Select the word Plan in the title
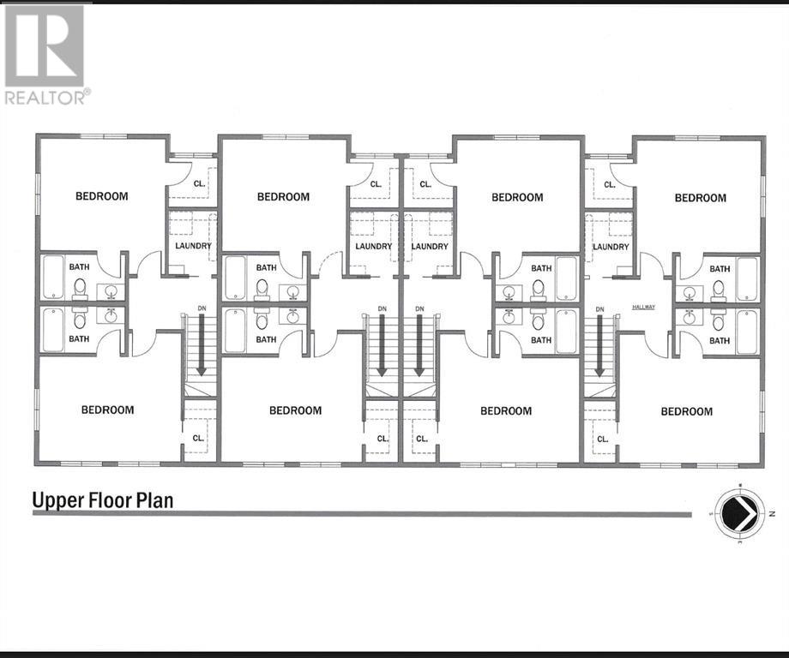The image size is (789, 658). (154, 499)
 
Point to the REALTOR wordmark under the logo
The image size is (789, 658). (46, 97)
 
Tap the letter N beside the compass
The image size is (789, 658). (773, 513)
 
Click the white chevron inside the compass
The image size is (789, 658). (738, 513)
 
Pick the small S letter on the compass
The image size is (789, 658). (710, 513)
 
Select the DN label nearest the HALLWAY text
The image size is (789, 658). (599, 308)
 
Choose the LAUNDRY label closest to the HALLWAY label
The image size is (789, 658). (611, 247)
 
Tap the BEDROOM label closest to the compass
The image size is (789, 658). (686, 411)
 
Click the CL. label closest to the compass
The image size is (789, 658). (602, 439)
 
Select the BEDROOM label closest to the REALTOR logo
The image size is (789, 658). (101, 196)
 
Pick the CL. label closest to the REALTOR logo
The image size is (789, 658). (199, 183)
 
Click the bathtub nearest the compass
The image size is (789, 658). (746, 330)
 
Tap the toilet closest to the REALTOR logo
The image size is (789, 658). (79, 286)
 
